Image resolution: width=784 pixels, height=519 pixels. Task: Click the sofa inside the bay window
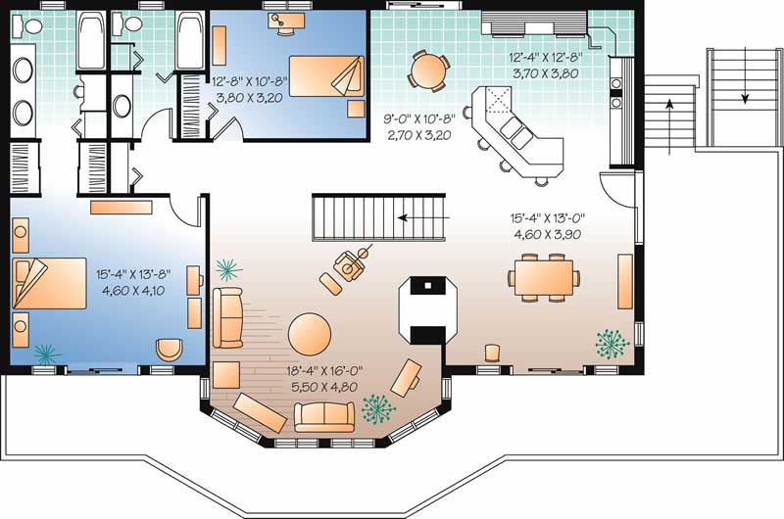coord(324,416)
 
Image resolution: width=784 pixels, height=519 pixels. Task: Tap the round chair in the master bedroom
coord(170,349)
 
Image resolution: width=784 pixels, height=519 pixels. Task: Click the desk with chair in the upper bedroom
coord(287,22)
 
